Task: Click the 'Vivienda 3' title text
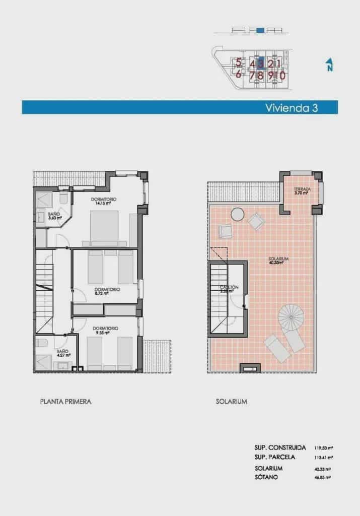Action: click(293, 107)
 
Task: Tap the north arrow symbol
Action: click(329, 65)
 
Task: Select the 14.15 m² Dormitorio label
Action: click(104, 202)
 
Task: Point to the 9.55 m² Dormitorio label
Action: click(106, 331)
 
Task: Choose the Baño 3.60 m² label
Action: click(54, 216)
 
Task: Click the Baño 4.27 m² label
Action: click(63, 353)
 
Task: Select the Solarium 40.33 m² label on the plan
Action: click(275, 261)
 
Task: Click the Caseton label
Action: click(228, 289)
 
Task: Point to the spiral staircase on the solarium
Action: click(292, 316)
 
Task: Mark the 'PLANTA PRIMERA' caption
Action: click(65, 402)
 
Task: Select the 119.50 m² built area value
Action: click(325, 447)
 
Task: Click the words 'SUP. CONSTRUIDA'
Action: click(280, 447)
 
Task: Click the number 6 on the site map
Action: click(239, 74)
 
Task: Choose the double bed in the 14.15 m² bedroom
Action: click(105, 226)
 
